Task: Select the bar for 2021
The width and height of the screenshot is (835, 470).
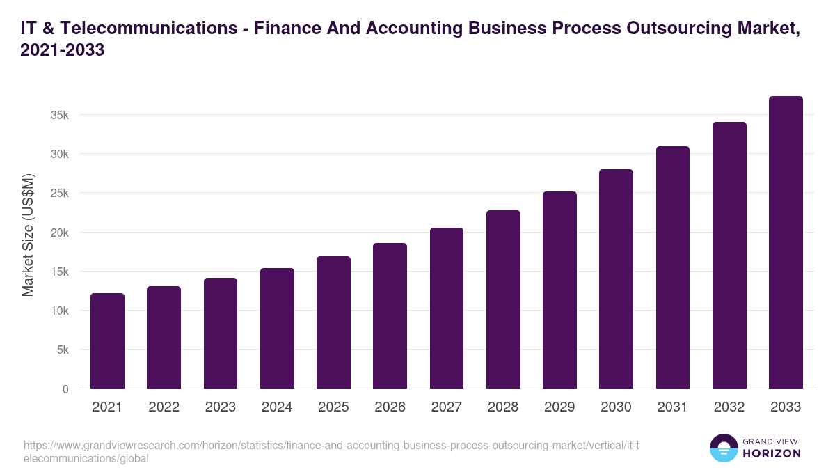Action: (107, 341)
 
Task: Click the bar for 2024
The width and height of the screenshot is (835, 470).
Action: (277, 329)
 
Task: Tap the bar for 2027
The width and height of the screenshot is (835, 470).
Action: (447, 308)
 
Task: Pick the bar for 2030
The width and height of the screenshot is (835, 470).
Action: (616, 279)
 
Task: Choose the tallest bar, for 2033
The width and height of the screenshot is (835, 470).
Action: (786, 242)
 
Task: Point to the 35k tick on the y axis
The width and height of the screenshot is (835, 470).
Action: (61, 115)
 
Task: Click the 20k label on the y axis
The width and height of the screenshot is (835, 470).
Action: (61, 233)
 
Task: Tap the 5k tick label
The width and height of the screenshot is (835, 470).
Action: (63, 350)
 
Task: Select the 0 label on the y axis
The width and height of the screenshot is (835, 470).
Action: (66, 389)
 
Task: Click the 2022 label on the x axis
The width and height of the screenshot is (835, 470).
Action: (164, 407)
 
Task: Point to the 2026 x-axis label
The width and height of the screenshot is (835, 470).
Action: (390, 407)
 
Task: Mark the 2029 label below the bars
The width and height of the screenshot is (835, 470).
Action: (559, 407)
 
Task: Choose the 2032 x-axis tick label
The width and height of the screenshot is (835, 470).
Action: (729, 407)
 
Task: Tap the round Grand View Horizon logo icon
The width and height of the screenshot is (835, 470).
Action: (723, 448)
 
